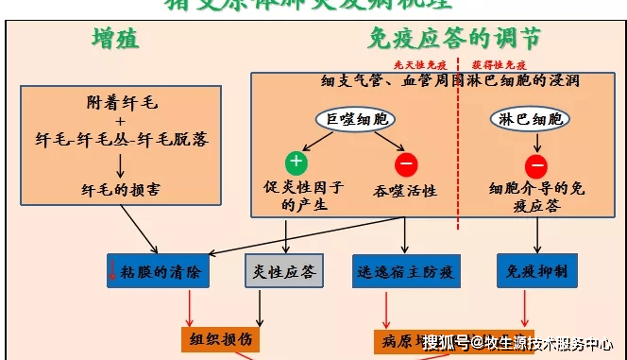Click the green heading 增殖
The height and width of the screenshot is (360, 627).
[x=115, y=39]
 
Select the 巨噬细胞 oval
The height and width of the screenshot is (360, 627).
[x=354, y=119]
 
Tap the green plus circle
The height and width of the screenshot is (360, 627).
[x=297, y=162]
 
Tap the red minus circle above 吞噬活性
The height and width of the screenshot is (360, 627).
[x=407, y=164]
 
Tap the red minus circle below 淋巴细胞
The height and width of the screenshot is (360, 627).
[x=535, y=165]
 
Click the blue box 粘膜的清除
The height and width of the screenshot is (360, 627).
[x=157, y=271]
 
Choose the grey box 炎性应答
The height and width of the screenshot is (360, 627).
[x=282, y=271]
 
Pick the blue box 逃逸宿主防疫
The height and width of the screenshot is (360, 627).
[x=405, y=271]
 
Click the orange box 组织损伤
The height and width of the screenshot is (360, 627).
[x=218, y=339]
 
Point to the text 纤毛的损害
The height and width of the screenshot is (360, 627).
[x=121, y=189]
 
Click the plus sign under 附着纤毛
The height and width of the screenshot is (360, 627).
[x=121, y=120]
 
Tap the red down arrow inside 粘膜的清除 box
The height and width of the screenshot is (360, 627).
[x=113, y=272]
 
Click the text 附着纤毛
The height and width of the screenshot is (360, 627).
[x=121, y=102]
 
